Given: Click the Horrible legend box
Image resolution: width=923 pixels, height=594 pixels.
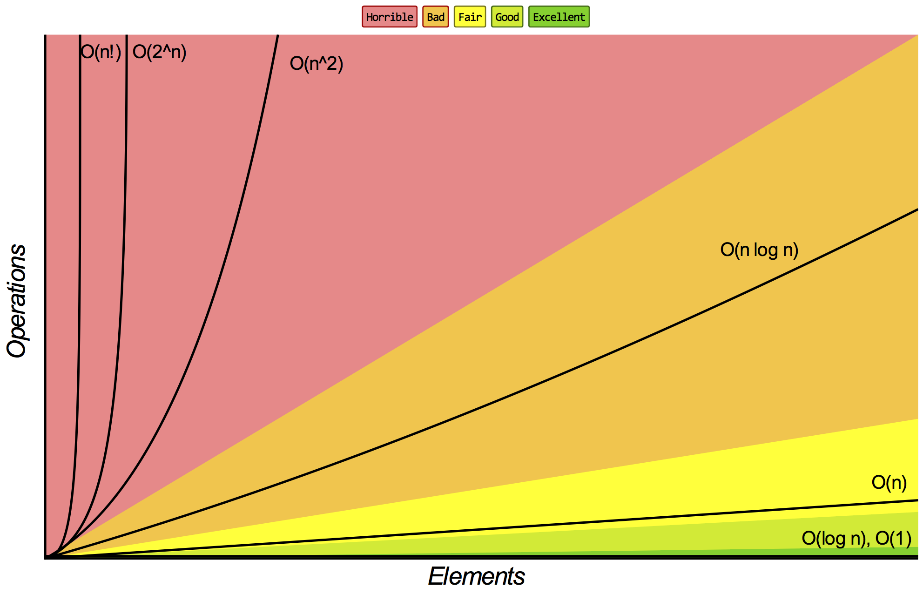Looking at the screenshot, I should tap(390, 17).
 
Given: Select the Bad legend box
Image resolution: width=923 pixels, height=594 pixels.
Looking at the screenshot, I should tap(436, 17).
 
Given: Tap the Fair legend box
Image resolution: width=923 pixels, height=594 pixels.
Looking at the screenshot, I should tap(470, 17).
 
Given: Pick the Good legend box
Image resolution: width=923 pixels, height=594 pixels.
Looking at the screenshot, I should tap(507, 17).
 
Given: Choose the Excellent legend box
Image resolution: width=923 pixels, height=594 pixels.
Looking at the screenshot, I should tap(559, 17).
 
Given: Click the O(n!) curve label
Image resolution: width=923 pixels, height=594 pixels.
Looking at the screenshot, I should tap(101, 52).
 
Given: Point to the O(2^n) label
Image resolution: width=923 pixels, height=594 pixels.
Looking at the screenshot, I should tap(160, 52).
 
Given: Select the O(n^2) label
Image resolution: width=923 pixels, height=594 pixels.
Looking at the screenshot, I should tap(317, 63).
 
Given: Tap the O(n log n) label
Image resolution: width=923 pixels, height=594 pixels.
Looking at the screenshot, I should tap(759, 250).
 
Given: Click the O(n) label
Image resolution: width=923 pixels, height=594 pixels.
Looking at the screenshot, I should tap(889, 482).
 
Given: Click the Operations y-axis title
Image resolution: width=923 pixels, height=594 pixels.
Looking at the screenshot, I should tap(17, 301).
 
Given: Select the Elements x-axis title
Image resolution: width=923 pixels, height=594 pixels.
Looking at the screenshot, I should tap(476, 576).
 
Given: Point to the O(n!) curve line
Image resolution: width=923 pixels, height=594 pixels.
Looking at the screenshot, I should tap(80, 279).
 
